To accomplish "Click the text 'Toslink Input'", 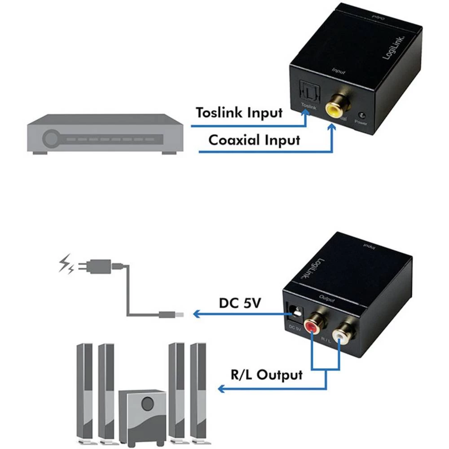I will point(239,112).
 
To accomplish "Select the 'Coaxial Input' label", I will point(254,140).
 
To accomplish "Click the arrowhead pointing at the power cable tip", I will point(196,314).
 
